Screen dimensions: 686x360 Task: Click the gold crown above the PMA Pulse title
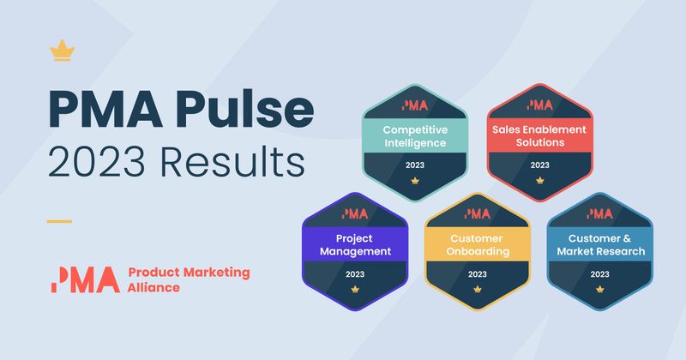point(62,51)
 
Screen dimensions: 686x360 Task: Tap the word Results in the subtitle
point(232,162)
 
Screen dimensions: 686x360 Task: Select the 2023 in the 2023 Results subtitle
point(96,162)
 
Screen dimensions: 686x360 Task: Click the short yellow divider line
point(59,221)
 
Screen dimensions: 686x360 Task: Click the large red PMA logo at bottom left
point(85,279)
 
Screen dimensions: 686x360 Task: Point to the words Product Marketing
point(189,273)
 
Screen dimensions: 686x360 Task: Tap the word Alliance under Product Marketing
point(153,287)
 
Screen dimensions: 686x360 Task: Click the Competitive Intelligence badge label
point(415,136)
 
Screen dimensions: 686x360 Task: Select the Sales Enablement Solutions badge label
point(539,135)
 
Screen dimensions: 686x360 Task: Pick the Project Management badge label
point(355,244)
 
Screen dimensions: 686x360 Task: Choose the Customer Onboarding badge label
point(478,244)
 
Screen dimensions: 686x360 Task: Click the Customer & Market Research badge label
point(600,244)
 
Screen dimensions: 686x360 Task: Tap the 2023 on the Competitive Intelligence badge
point(415,165)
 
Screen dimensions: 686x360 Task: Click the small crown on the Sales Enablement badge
point(540,180)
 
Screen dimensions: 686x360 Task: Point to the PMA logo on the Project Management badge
point(355,213)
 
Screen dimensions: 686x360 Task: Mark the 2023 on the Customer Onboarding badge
point(478,273)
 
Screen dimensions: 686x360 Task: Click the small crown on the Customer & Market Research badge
point(599,289)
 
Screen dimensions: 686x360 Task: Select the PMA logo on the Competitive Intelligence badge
point(415,105)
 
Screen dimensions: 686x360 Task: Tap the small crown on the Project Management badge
point(355,289)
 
